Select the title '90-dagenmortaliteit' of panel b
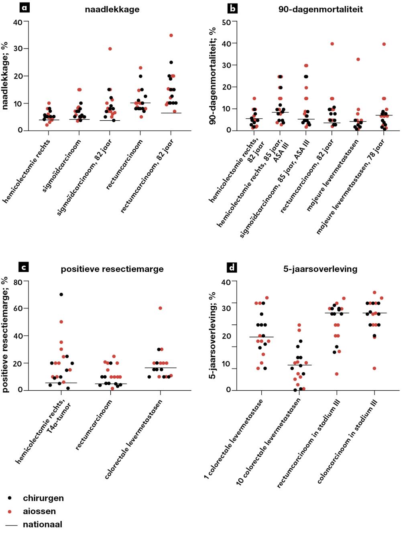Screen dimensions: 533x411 (320, 9)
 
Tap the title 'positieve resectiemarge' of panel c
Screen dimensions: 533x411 (112, 269)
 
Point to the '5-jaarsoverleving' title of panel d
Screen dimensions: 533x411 (320, 269)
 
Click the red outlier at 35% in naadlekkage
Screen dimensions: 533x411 (171, 35)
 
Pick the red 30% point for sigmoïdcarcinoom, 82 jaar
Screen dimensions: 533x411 (110, 49)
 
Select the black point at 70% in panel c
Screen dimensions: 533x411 (61, 294)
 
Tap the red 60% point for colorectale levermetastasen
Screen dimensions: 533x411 (160, 308)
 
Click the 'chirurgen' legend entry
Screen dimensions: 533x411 (43, 498)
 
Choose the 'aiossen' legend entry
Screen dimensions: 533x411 (39, 511)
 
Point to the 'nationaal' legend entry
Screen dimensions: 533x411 (42, 524)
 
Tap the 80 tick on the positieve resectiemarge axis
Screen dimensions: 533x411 (18, 282)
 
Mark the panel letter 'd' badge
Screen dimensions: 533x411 (232, 267)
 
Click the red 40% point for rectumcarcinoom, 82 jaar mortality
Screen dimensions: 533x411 (332, 44)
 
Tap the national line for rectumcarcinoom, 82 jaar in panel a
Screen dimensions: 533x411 (171, 113)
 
